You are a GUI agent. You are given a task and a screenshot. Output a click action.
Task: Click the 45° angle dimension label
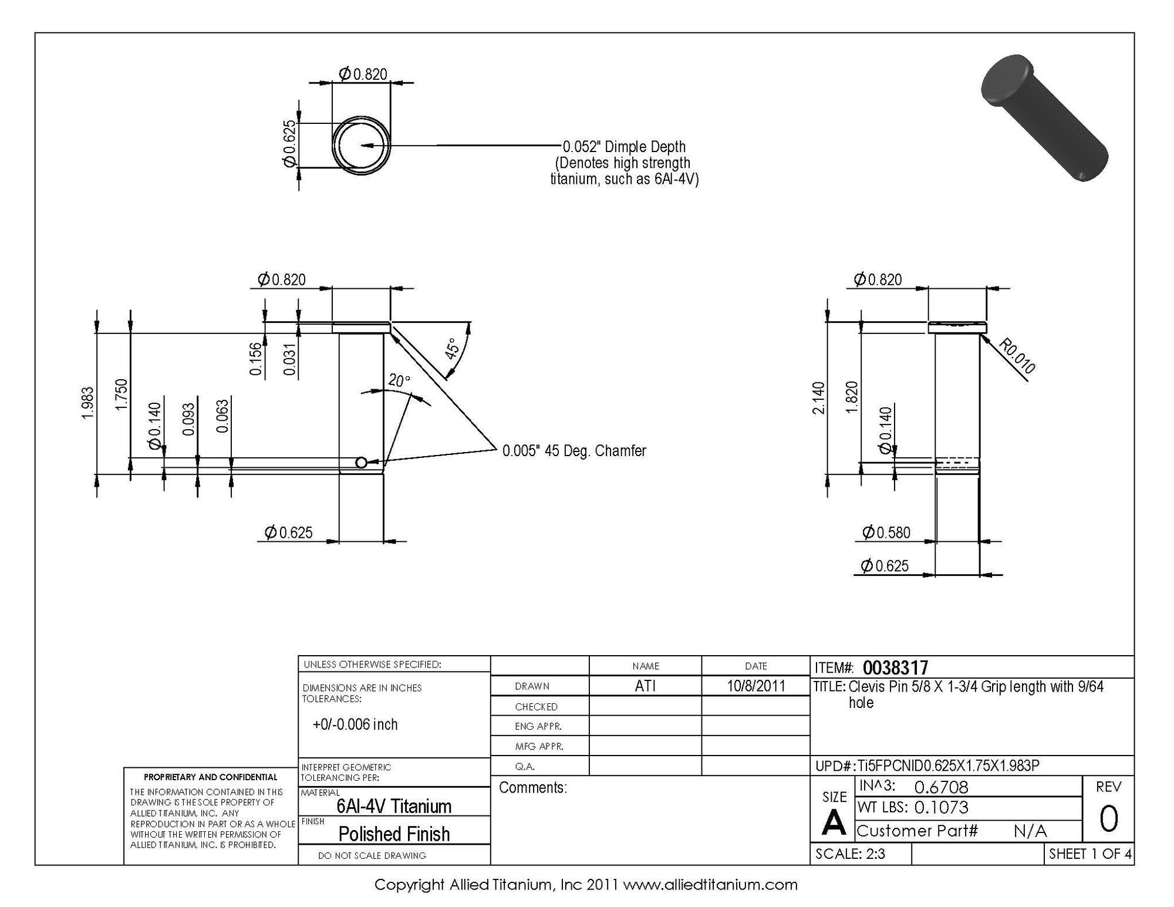pos(451,348)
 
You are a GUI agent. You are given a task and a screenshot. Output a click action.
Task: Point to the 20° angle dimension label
pos(399,380)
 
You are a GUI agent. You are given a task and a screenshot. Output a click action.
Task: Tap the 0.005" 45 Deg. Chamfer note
pos(573,451)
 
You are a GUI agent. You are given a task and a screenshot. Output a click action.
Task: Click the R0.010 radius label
pos(1016,356)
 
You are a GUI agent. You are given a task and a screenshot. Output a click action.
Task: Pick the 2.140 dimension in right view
pos(818,397)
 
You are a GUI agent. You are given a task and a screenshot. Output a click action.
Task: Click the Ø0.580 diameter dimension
pos(886,532)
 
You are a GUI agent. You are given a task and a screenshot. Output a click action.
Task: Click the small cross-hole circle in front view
pos(362,463)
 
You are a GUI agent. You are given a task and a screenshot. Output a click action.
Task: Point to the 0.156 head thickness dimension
pos(255,359)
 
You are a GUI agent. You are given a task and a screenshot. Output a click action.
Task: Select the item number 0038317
pos(895,667)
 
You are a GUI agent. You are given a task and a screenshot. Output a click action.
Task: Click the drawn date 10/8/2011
pos(755,686)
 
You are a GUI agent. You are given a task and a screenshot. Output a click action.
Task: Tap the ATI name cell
pos(645,686)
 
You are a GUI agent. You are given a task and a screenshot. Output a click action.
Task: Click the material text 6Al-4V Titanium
pos(394,806)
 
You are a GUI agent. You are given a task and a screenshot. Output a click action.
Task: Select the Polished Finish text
pos(394,834)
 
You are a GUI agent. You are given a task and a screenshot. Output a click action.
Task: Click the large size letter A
pos(834,824)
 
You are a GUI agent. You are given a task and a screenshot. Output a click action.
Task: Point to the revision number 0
pos(1108,820)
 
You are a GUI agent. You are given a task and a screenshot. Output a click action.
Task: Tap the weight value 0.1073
pos(941,808)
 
